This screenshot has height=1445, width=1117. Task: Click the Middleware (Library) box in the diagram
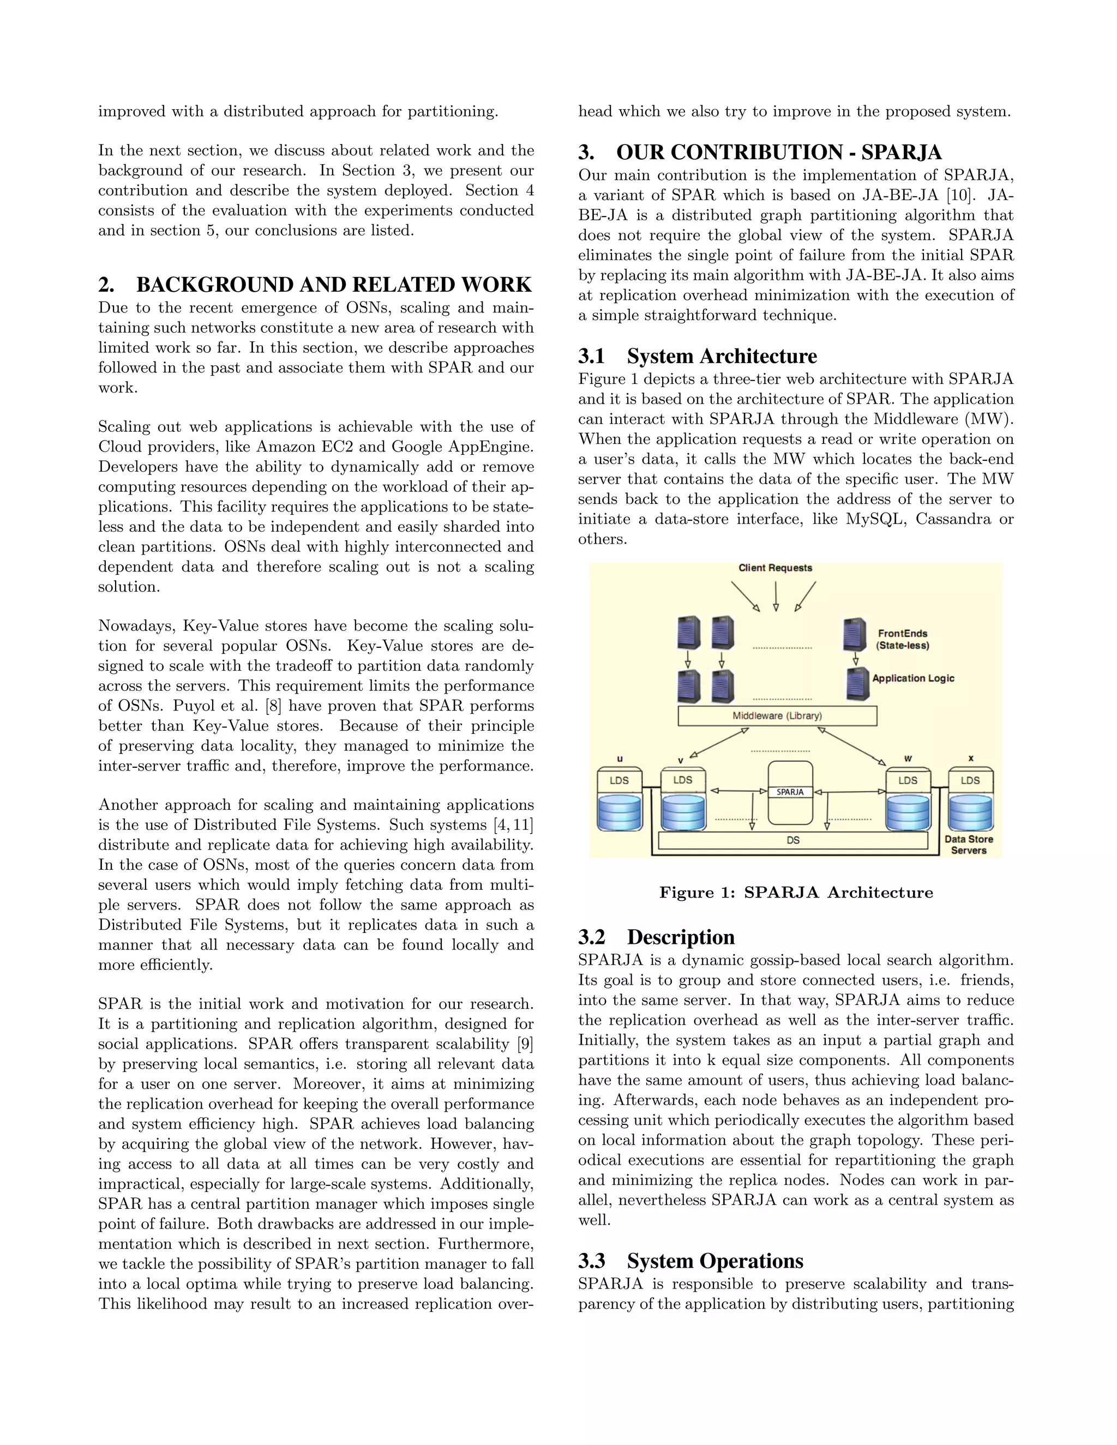777,716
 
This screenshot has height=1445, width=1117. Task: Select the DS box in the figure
792,840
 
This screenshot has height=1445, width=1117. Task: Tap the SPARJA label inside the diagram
790,792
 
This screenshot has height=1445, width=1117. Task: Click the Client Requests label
775,568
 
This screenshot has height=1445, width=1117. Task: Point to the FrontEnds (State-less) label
903,639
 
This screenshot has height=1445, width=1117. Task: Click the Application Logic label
913,678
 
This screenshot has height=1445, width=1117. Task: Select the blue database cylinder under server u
620,812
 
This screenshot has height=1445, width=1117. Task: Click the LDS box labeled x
970,781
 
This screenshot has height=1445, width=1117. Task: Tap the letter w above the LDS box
908,758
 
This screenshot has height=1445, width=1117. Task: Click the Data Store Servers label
969,845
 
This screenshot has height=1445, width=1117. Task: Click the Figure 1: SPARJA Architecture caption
796,893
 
